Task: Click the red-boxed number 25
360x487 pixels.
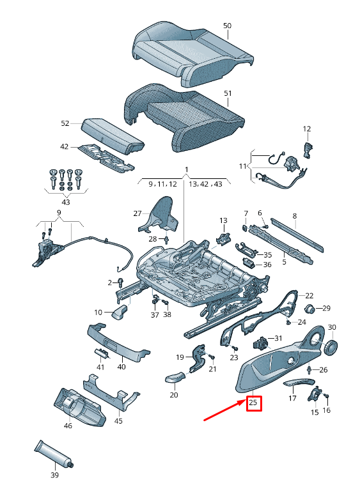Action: point(253,403)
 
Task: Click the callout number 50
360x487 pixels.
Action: point(227,26)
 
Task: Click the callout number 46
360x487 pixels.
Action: point(68,424)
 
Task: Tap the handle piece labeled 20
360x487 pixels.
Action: point(177,378)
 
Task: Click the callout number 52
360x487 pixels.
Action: point(65,123)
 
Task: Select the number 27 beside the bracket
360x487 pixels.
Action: point(137,213)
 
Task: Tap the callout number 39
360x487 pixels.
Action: point(54,475)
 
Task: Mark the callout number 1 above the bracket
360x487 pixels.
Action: point(186,170)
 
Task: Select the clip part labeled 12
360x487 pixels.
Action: point(308,149)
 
